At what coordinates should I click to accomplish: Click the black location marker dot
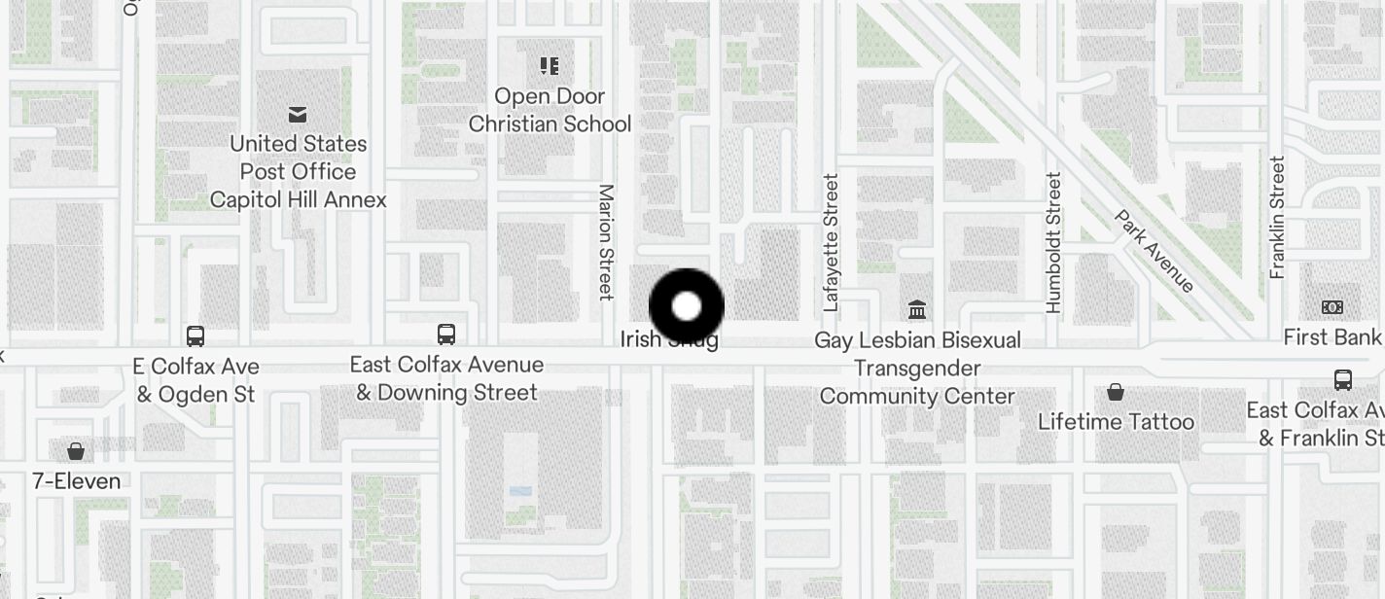click(687, 306)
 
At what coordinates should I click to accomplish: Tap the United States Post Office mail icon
click(298, 116)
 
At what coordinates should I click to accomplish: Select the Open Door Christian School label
click(550, 110)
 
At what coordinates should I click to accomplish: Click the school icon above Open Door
click(550, 66)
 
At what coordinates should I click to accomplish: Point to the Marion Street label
click(606, 241)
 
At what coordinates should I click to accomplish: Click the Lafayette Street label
click(830, 243)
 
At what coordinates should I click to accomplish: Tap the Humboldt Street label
click(1053, 243)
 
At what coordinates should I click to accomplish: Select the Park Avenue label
click(1154, 251)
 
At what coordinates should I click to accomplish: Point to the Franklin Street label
click(1277, 218)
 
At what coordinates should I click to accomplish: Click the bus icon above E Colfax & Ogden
click(195, 336)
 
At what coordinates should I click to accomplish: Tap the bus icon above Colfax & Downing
click(446, 335)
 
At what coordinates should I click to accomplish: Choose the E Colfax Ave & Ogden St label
click(196, 380)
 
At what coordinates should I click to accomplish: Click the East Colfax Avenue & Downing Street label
click(446, 378)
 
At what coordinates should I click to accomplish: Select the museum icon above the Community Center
click(917, 310)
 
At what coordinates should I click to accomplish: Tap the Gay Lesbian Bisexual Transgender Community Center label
click(917, 369)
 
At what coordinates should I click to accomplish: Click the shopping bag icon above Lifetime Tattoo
click(1116, 393)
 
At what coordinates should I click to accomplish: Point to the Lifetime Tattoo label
click(1116, 422)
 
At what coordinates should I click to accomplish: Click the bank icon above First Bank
click(1332, 307)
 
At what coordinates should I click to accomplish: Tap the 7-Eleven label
click(76, 481)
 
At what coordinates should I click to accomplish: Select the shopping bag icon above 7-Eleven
click(76, 451)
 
